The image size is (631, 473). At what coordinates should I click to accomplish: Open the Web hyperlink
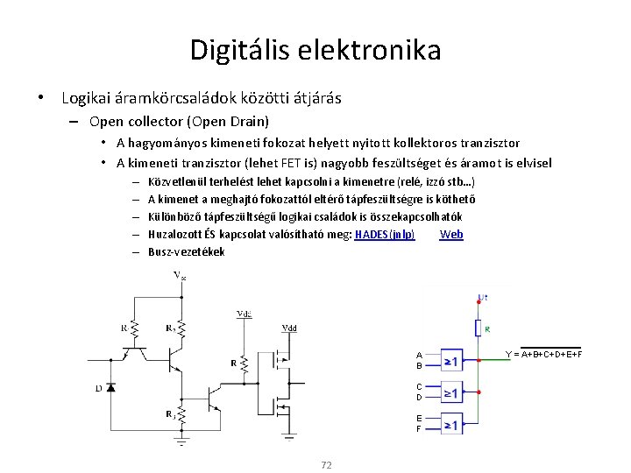451,234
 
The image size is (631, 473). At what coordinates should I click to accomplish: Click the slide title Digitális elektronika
315,49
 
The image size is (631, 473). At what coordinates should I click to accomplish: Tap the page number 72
326,464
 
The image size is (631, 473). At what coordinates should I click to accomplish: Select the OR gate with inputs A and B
450,360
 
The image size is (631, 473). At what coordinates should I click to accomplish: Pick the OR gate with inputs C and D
450,392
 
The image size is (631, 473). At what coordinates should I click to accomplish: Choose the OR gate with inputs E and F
450,425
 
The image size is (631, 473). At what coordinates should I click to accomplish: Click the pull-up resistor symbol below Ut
479,328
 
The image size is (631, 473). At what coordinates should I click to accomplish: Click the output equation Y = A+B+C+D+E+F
543,354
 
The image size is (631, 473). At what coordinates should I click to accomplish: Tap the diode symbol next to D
110,386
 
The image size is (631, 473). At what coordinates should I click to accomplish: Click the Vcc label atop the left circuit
180,277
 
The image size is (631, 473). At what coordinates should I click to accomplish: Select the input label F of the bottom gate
419,429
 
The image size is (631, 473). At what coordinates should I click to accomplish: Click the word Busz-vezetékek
186,251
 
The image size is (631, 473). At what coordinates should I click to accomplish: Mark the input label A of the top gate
419,355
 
